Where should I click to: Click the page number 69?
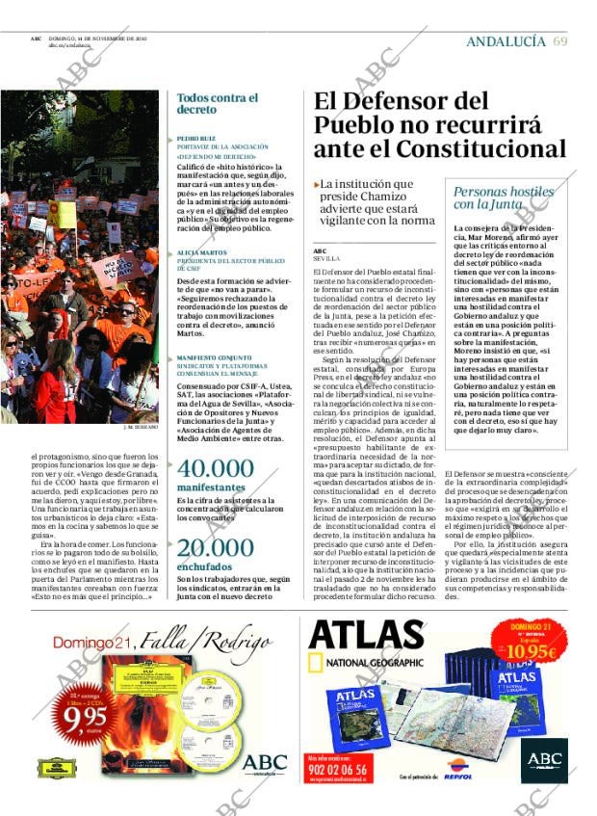click(560, 40)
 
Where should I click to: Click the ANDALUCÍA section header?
click(506, 41)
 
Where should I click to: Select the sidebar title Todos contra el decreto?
click(218, 104)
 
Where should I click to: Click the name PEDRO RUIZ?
click(195, 139)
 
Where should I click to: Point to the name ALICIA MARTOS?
click(201, 252)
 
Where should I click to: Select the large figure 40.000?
click(216, 469)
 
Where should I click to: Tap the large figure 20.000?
click(215, 549)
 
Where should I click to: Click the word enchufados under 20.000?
click(205, 567)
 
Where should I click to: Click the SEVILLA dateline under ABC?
click(327, 258)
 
